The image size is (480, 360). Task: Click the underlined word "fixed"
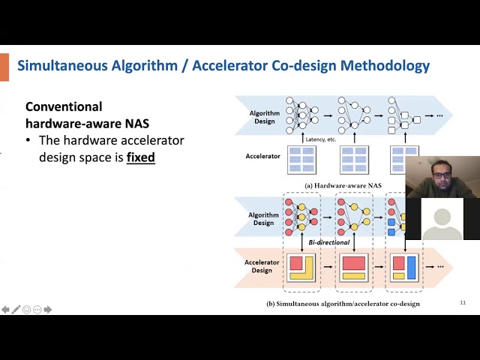[140, 157]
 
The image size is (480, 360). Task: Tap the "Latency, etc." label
[321, 139]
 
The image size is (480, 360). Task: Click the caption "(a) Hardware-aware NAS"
[343, 185]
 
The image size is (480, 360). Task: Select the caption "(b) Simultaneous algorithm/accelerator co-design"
[343, 304]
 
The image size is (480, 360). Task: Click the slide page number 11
[463, 302]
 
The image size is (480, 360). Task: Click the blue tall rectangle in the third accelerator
[411, 267]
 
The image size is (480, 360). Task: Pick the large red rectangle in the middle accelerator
[354, 263]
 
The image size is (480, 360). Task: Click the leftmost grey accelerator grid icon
[301, 160]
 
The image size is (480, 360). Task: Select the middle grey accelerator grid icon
[354, 160]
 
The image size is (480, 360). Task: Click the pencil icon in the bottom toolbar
[16, 310]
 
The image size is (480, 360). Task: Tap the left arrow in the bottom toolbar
[5, 310]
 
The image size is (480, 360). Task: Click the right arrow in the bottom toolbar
[48, 310]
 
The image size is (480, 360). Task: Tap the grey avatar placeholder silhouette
[442, 220]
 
